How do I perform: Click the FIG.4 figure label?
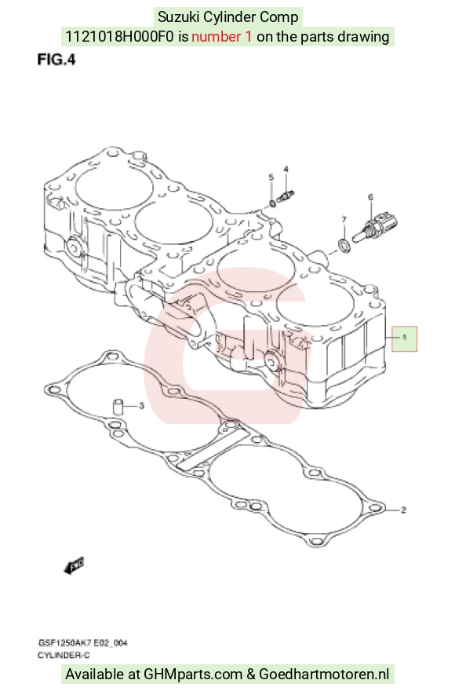(56, 59)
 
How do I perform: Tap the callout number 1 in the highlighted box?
(404, 338)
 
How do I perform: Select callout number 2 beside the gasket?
(403, 510)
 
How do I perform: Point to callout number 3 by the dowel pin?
(141, 405)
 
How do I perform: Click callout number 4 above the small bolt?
(286, 170)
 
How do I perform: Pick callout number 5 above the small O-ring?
(271, 177)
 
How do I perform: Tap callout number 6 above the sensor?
(370, 197)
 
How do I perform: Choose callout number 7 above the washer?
(344, 219)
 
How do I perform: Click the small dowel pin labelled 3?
(118, 406)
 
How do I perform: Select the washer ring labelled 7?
(344, 246)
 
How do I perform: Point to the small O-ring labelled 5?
(273, 203)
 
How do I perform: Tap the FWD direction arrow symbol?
(74, 566)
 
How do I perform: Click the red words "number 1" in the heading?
(221, 36)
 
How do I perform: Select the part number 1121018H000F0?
(119, 36)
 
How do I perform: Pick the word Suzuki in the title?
(179, 16)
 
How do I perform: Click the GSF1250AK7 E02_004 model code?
(83, 643)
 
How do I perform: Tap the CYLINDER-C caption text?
(64, 656)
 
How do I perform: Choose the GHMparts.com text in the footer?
(193, 675)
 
